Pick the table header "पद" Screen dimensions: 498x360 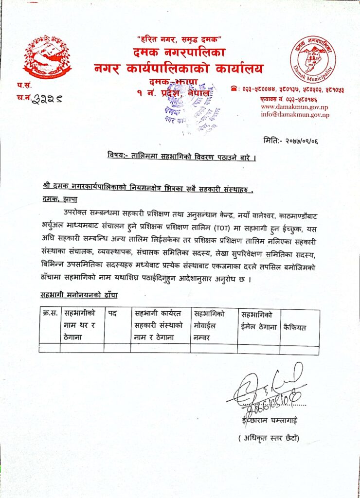coord(112,315)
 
